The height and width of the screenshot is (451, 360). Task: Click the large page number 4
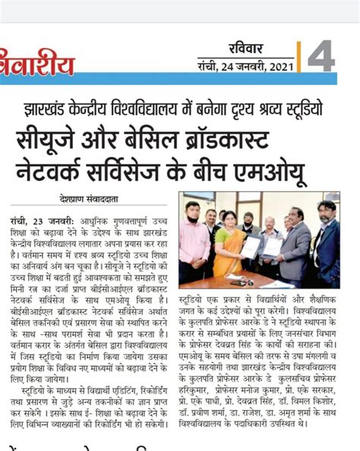pyautogui.click(x=321, y=55)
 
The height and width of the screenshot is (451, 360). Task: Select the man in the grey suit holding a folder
pyautogui.click(x=293, y=247)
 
